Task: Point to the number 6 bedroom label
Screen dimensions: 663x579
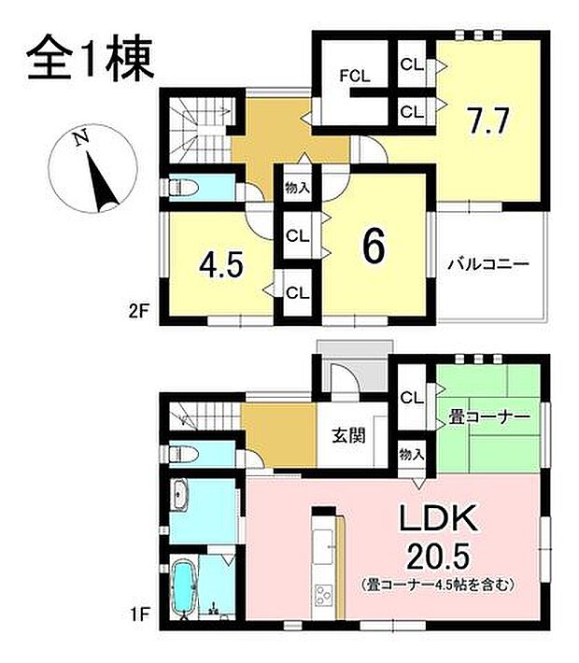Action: click(373, 245)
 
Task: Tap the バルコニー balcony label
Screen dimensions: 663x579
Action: click(487, 264)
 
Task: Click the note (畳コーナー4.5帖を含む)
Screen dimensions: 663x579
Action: click(438, 585)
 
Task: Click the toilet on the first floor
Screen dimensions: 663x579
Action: click(185, 454)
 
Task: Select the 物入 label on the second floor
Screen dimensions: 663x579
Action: click(299, 188)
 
